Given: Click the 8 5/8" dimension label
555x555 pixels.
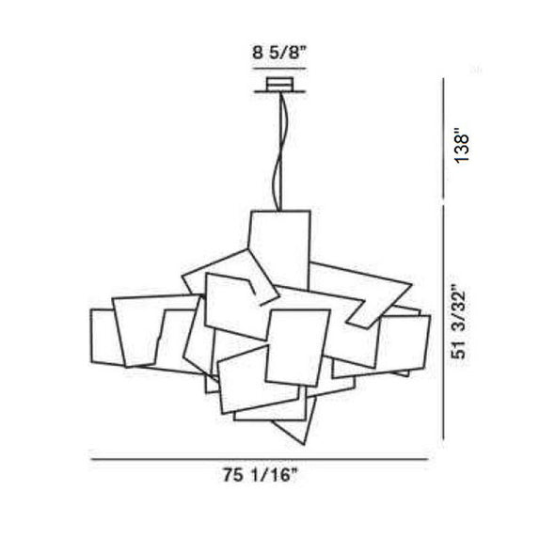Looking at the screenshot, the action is click(278, 53).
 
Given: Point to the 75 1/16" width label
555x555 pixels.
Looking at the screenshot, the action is click(261, 475).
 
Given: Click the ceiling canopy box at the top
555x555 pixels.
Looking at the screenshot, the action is click(279, 84).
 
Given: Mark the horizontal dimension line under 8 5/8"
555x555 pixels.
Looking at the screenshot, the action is click(279, 69).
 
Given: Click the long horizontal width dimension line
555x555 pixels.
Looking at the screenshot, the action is click(260, 459).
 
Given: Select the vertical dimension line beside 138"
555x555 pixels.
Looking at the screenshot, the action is click(443, 138).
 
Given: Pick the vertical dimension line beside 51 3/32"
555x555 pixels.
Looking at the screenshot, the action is click(443, 322).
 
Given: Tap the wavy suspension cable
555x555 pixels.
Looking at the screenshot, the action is click(279, 151).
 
